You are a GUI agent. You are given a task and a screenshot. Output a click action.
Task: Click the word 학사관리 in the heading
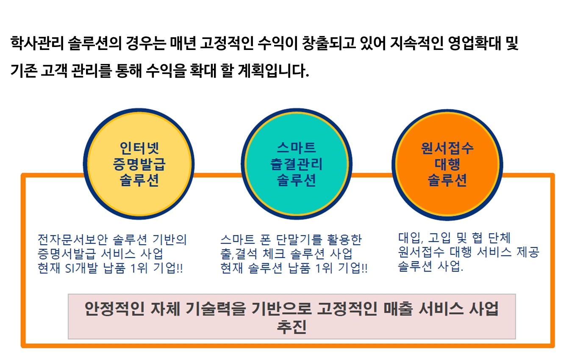click(x=37, y=43)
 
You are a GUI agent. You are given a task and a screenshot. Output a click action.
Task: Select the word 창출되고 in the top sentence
click(x=329, y=43)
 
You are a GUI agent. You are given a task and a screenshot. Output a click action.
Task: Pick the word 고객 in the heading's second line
click(x=54, y=71)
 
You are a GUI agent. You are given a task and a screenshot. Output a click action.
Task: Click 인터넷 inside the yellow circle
click(x=139, y=148)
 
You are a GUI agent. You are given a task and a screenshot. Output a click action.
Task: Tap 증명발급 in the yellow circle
click(x=139, y=164)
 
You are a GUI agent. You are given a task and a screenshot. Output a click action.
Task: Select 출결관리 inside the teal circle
click(x=297, y=164)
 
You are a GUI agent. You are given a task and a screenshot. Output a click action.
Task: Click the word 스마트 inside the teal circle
click(x=297, y=148)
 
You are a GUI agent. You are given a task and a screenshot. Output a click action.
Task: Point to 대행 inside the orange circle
click(x=447, y=164)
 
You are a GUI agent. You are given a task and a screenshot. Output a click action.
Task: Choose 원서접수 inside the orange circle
click(x=447, y=148)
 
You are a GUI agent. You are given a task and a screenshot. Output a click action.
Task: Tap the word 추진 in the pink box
click(x=292, y=327)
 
